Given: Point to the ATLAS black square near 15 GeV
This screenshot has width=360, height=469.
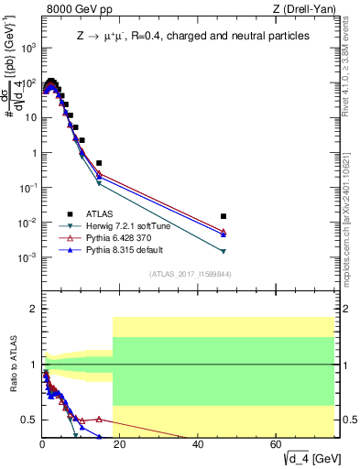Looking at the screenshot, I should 99,163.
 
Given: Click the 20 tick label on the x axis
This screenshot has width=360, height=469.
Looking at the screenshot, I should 120,443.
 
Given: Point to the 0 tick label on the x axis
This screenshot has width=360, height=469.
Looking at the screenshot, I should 42,443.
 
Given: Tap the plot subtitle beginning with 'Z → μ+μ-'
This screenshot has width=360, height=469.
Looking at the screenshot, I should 192,36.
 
